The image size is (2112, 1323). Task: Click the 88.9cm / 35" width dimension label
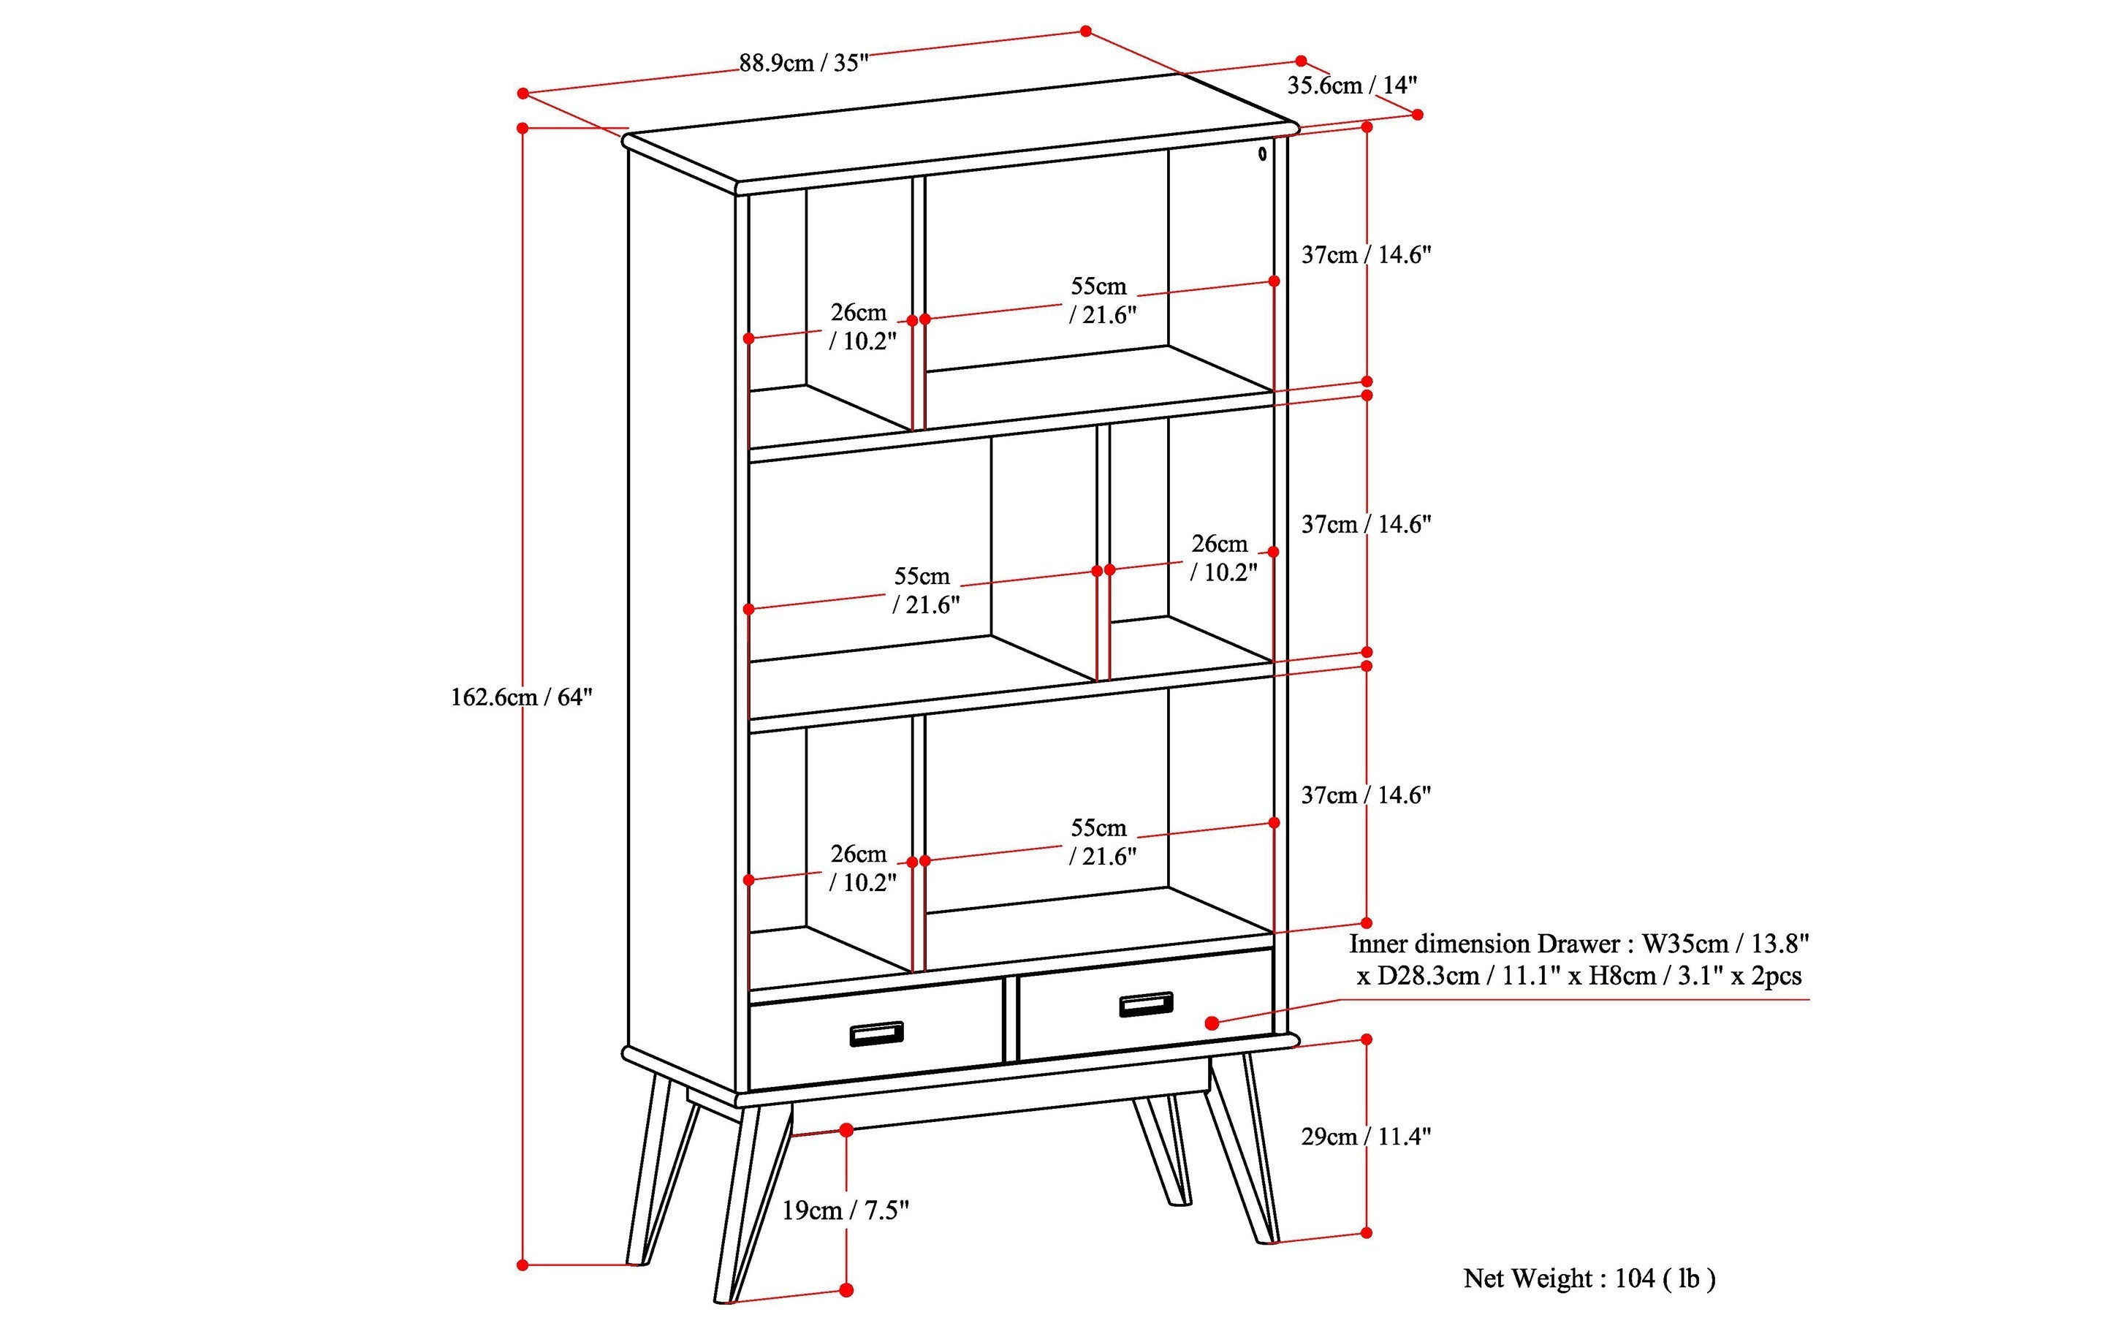803,63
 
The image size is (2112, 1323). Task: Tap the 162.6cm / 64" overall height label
522,697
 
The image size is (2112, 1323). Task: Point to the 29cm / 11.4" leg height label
1366,1137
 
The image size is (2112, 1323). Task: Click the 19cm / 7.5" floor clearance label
845,1210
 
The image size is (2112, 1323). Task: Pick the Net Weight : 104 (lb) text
1589,1278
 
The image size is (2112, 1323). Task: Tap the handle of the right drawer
1146,1004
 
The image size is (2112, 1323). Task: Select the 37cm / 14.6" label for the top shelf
1366,254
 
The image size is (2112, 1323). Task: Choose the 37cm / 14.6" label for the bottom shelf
1366,795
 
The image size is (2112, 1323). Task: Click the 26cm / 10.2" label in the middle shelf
1222,558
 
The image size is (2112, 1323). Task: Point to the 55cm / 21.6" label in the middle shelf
924,591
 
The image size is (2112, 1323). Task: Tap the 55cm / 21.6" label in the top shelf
1101,300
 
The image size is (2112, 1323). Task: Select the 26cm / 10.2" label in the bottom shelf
862,868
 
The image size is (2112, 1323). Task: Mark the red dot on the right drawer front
1212,1023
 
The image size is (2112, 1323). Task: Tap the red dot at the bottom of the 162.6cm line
523,1265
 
